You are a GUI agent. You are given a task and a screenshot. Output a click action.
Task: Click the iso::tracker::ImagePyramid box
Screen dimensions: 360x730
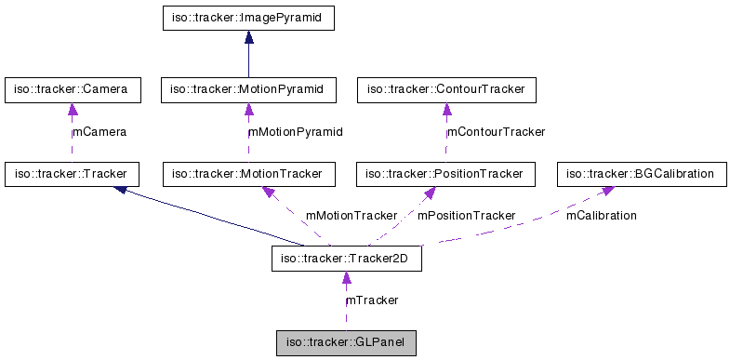click(x=247, y=18)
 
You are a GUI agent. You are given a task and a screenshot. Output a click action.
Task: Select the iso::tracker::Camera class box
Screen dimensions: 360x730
click(x=72, y=90)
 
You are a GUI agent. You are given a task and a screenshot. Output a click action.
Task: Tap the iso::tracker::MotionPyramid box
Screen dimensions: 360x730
click(x=247, y=90)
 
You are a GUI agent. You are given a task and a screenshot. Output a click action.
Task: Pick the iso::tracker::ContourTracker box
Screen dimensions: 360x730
click(x=445, y=90)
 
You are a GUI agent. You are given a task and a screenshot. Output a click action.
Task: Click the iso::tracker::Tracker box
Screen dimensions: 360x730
click(x=72, y=174)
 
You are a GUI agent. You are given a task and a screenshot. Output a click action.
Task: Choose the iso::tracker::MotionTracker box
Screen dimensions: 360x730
click(x=247, y=174)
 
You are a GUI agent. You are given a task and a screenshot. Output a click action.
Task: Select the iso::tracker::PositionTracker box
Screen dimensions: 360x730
click(x=445, y=174)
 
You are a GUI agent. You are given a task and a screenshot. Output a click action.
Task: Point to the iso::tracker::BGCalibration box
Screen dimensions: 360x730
click(x=640, y=174)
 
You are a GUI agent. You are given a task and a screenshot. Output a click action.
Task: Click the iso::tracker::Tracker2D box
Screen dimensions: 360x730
click(x=346, y=259)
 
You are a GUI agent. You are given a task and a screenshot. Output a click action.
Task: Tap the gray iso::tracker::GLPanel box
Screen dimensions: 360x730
click(x=346, y=343)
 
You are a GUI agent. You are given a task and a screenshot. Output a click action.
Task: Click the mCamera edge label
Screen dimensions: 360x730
click(x=100, y=132)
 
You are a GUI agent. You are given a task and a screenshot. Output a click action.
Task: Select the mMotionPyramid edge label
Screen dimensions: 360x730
click(x=296, y=132)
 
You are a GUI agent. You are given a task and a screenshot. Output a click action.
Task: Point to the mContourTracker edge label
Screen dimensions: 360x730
click(x=497, y=132)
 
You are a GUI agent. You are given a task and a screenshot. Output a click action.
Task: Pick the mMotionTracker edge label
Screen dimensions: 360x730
click(x=352, y=216)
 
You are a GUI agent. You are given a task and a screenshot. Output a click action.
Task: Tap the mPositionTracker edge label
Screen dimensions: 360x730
click(x=466, y=216)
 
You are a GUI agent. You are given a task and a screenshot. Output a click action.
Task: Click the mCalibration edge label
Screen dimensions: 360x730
click(x=602, y=216)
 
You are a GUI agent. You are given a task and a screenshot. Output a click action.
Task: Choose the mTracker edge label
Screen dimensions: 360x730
click(x=373, y=300)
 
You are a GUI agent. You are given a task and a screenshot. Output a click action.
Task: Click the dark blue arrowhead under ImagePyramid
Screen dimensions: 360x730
click(x=248, y=37)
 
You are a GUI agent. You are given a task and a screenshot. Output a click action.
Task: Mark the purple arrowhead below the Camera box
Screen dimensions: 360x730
click(x=72, y=110)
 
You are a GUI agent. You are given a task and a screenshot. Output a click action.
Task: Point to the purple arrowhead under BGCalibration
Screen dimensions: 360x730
click(x=606, y=191)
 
